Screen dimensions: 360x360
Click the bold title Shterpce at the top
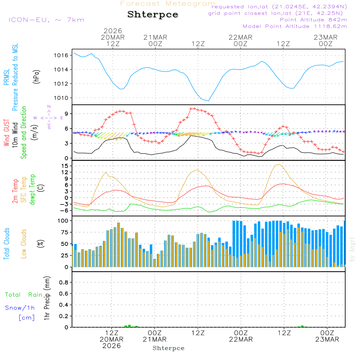click(x=153, y=15)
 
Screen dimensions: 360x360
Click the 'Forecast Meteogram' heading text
click(x=168, y=4)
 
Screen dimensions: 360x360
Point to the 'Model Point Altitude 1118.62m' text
click(x=294, y=26)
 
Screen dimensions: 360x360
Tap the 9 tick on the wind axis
click(x=66, y=114)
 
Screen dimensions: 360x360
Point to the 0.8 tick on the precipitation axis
click(x=64, y=283)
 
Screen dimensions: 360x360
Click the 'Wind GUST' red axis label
click(x=6, y=133)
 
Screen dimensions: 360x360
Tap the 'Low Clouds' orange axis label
click(x=24, y=244)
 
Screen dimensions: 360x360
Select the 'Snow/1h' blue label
click(x=20, y=308)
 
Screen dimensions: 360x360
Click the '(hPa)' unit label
click(x=36, y=76)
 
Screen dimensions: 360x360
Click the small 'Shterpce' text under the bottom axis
click(x=168, y=348)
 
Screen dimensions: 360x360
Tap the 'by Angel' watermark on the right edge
click(x=352, y=249)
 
